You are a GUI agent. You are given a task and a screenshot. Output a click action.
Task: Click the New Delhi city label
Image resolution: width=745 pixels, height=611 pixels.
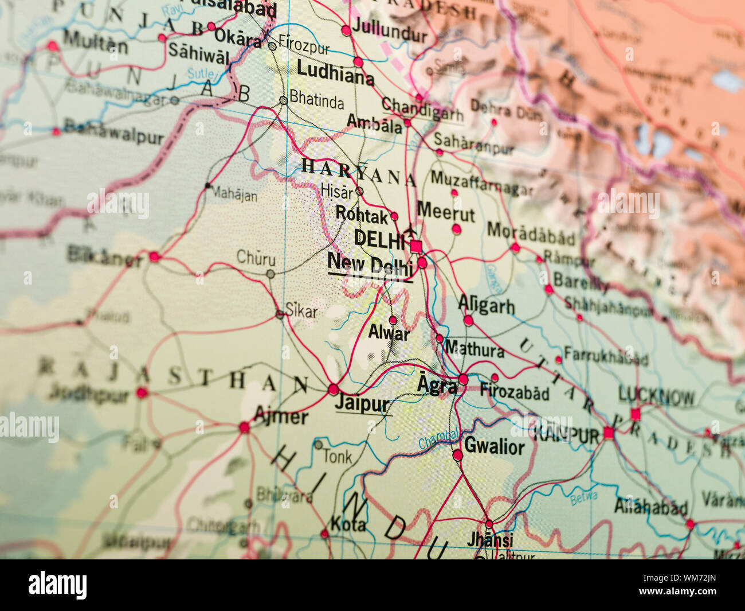click(370, 265)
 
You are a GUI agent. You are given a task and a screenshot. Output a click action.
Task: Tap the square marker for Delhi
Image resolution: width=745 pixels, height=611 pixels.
click(416, 247)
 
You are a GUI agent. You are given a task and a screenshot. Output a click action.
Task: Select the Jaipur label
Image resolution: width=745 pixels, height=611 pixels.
click(362, 403)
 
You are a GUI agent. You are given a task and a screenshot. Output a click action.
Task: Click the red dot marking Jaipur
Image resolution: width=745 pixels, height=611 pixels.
click(334, 390)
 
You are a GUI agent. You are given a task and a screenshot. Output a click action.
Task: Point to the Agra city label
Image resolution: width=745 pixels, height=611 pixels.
click(437, 386)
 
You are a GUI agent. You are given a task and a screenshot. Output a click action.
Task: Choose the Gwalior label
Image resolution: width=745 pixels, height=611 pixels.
click(494, 446)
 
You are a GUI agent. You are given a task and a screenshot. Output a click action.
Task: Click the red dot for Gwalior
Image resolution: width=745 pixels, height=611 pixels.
click(457, 456)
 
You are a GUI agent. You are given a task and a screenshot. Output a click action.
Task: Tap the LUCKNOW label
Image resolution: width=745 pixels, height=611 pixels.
click(656, 396)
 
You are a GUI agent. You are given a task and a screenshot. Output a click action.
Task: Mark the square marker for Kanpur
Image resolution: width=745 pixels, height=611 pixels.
click(608, 433)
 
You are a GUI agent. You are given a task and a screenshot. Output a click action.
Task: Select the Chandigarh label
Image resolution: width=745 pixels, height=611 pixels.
click(422, 109)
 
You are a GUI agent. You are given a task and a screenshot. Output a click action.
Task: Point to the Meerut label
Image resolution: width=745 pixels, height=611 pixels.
click(446, 212)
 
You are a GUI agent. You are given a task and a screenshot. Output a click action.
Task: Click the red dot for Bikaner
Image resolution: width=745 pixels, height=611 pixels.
click(154, 256)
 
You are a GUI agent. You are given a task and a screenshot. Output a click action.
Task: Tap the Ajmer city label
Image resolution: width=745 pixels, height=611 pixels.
click(281, 415)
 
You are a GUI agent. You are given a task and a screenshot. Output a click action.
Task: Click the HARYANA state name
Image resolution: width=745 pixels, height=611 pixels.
click(359, 173)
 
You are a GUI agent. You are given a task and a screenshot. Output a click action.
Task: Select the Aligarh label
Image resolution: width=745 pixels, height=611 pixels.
click(487, 305)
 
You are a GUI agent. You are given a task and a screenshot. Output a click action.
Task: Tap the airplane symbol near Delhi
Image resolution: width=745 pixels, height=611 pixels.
click(410, 231)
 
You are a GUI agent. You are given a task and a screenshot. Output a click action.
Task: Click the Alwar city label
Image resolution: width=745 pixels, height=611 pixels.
click(389, 333)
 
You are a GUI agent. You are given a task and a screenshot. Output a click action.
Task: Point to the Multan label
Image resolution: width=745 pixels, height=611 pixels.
click(95, 42)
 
